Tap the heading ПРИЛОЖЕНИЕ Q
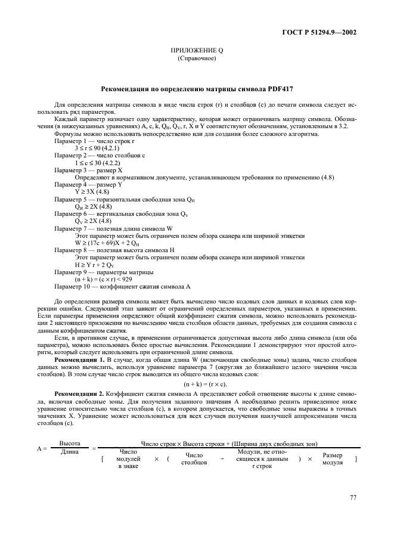point(197,52)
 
